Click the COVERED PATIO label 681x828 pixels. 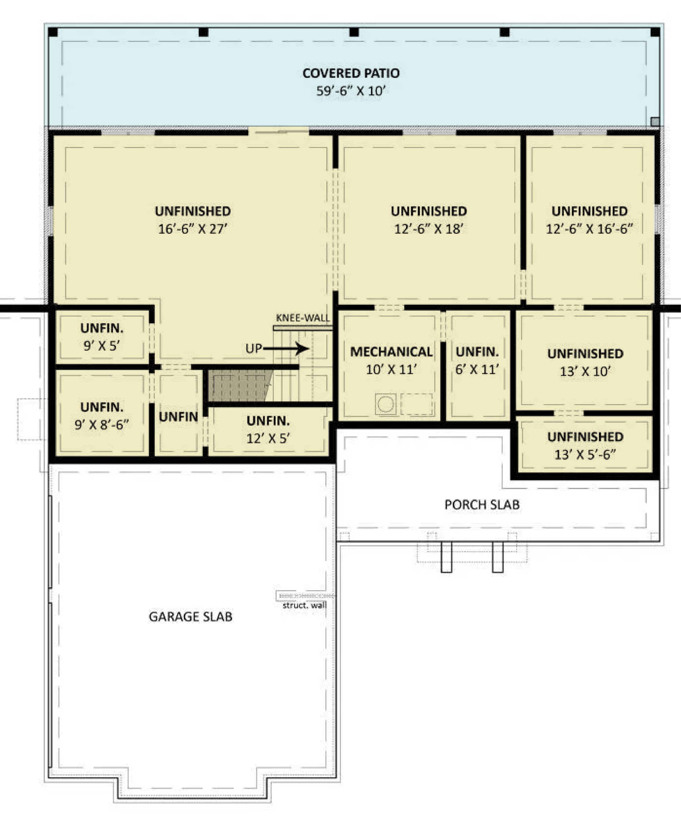(x=351, y=73)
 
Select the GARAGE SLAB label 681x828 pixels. (x=191, y=617)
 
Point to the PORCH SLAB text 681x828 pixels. (x=482, y=504)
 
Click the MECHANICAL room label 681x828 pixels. (x=392, y=352)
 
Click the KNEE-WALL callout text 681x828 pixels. (x=303, y=318)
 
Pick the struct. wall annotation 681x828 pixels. (x=304, y=605)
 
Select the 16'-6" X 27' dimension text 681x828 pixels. (x=193, y=229)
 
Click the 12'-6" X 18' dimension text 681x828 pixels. (x=429, y=229)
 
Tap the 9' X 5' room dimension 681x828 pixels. (x=102, y=346)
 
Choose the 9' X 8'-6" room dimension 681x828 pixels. (x=102, y=424)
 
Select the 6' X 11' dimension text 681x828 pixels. (x=477, y=369)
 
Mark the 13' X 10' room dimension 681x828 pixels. (x=585, y=371)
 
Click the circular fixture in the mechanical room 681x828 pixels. (x=386, y=404)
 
